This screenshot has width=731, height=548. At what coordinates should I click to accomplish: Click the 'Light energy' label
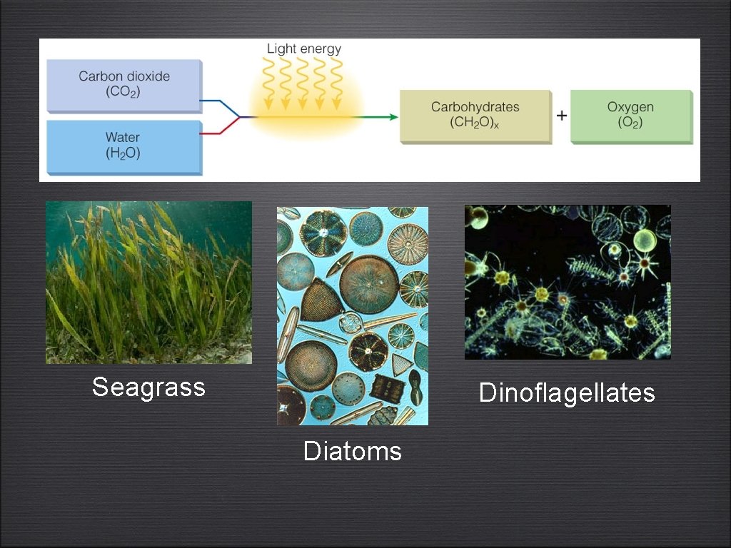[x=304, y=49]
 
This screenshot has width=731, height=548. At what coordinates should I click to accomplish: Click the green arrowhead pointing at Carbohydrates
[x=393, y=116]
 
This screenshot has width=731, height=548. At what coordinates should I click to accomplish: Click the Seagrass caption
[x=148, y=387]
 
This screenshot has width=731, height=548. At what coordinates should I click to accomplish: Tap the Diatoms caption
[x=352, y=451]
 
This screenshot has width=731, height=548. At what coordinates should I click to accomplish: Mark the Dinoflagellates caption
[x=567, y=392]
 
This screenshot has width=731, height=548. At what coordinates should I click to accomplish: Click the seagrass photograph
[x=148, y=283]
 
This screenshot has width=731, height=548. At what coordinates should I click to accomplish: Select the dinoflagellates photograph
[x=568, y=282]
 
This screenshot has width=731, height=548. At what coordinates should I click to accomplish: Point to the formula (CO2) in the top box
[x=124, y=91]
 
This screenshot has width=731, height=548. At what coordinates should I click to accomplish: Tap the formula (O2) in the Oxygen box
[x=630, y=123]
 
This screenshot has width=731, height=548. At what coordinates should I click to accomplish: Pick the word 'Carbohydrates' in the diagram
[x=475, y=107]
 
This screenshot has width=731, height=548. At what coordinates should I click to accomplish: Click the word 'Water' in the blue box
[x=123, y=137]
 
